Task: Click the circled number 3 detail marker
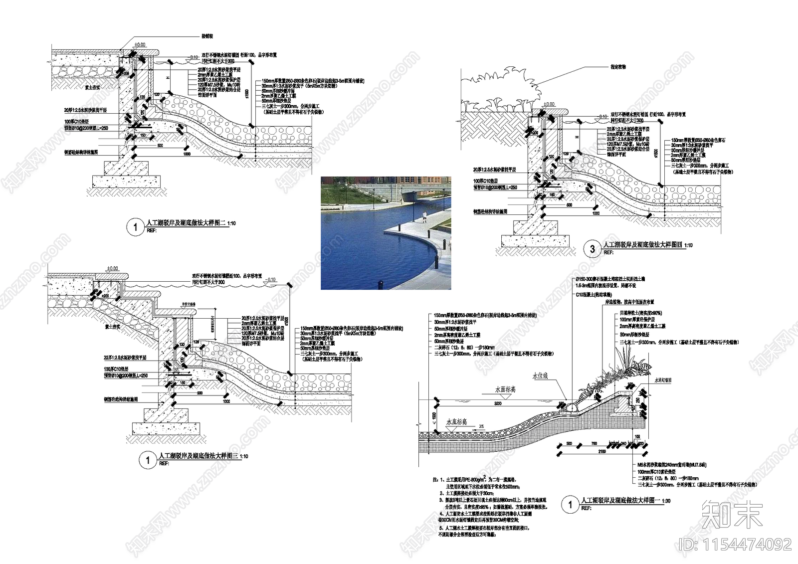click(592, 249)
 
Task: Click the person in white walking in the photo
click(424, 216)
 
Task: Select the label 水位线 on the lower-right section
click(540, 376)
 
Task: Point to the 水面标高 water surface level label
click(505, 389)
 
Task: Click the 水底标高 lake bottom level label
click(457, 422)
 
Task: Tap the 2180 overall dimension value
click(601, 451)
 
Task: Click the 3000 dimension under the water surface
click(498, 403)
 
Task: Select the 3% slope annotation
click(481, 426)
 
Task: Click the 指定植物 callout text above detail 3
click(618, 66)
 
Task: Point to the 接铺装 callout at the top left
click(207, 36)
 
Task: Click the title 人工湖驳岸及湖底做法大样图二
click(185, 223)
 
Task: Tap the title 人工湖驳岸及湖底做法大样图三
click(198, 456)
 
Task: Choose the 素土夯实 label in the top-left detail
click(92, 87)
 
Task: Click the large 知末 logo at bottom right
click(732, 514)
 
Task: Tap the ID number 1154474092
click(735, 544)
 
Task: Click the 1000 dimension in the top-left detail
click(187, 154)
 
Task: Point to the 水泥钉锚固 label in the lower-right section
click(663, 380)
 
